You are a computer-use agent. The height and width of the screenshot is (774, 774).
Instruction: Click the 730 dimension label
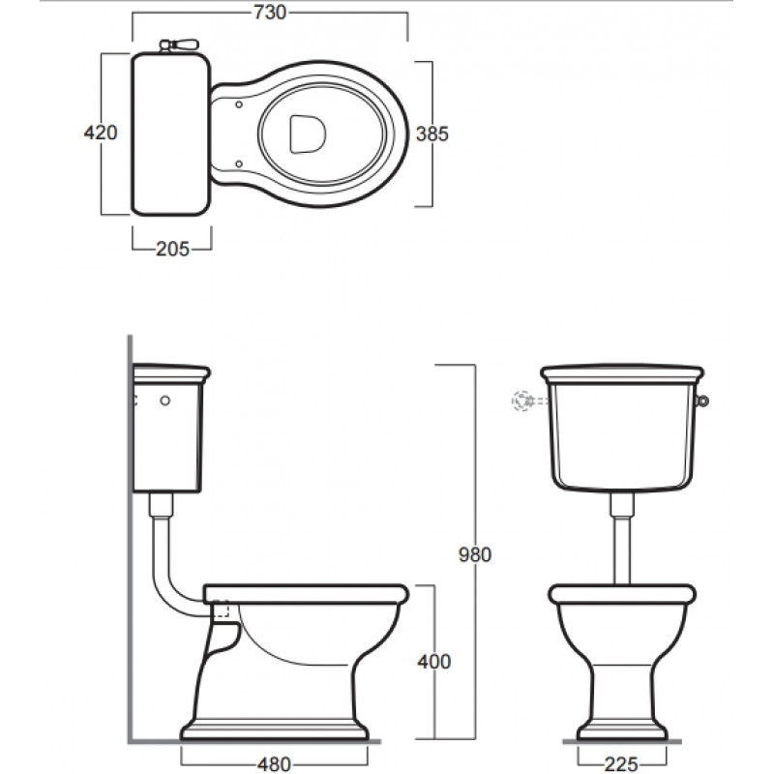coord(270,13)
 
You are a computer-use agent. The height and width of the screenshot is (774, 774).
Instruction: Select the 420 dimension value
coord(101,133)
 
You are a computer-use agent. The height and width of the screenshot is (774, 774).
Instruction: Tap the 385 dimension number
coord(432,134)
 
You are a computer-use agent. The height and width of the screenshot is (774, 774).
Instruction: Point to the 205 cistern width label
coord(173,249)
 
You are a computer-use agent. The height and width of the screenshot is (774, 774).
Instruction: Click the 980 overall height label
coord(475,554)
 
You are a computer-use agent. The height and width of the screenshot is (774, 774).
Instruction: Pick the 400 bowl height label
coord(433,662)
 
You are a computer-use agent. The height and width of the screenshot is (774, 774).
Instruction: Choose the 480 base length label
coord(274,764)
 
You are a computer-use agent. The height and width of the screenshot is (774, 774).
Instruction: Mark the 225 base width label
coord(621,764)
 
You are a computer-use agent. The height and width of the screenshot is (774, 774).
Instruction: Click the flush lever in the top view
coord(179,45)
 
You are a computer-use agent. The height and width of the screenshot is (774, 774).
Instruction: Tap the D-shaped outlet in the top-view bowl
coord(308,134)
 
